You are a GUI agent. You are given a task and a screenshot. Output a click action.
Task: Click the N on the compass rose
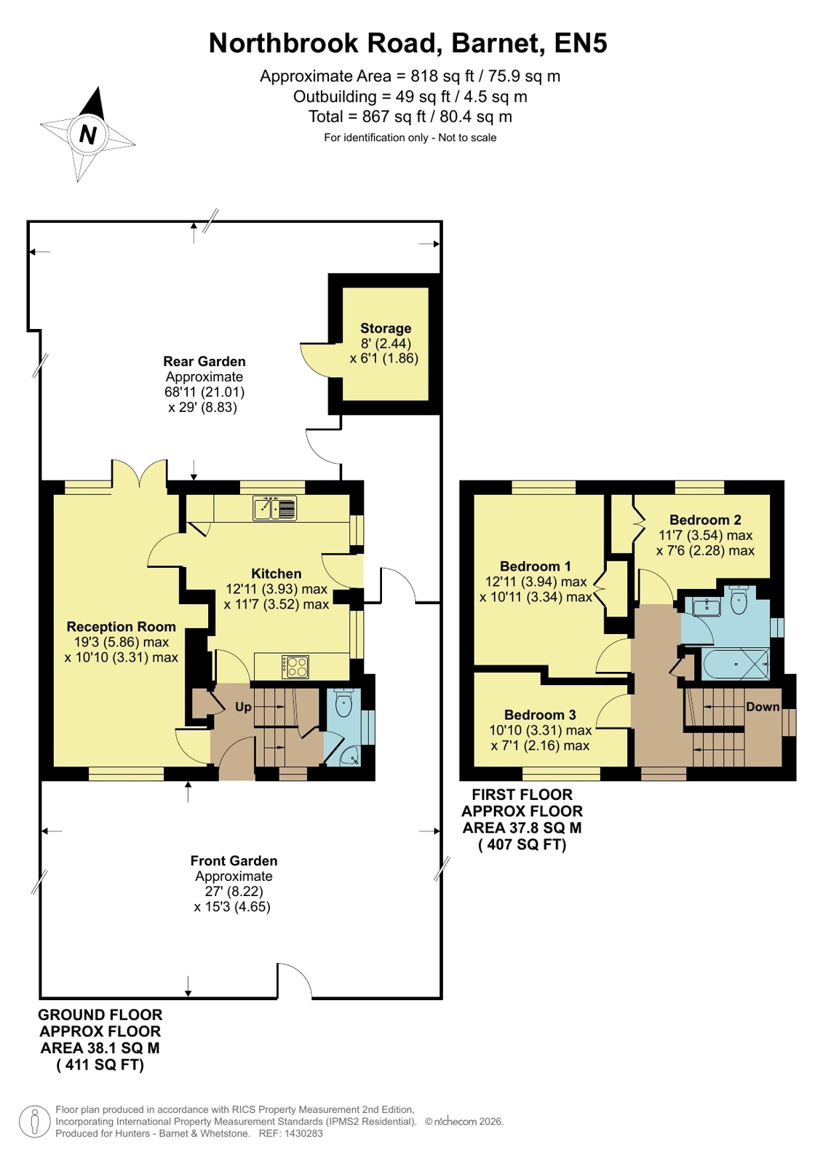[88, 135]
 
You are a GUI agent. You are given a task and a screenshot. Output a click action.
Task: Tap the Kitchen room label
[276, 574]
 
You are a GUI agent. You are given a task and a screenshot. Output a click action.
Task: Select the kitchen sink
[275, 507]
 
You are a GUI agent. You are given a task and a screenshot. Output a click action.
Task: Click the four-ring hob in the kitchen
[295, 667]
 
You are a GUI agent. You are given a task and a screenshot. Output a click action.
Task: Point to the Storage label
[386, 328]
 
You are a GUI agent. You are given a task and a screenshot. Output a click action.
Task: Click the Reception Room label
[121, 627]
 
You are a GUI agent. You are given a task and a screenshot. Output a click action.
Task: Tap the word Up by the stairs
[243, 707]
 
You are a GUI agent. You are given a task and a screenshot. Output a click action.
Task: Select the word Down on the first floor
[763, 707]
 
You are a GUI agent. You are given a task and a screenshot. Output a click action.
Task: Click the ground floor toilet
[343, 703]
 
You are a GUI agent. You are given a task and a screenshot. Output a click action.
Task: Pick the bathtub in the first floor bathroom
[735, 664]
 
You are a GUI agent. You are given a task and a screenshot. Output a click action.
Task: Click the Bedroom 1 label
[535, 566]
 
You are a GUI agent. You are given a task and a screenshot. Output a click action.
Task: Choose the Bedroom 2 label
[705, 520]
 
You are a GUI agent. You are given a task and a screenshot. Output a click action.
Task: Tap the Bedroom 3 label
[540, 715]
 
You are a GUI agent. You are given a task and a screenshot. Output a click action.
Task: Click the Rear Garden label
[204, 361]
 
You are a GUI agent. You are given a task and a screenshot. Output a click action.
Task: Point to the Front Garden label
[234, 860]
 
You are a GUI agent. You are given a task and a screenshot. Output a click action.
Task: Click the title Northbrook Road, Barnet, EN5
[408, 43]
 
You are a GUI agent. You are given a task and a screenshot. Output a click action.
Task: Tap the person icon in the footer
[35, 1122]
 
